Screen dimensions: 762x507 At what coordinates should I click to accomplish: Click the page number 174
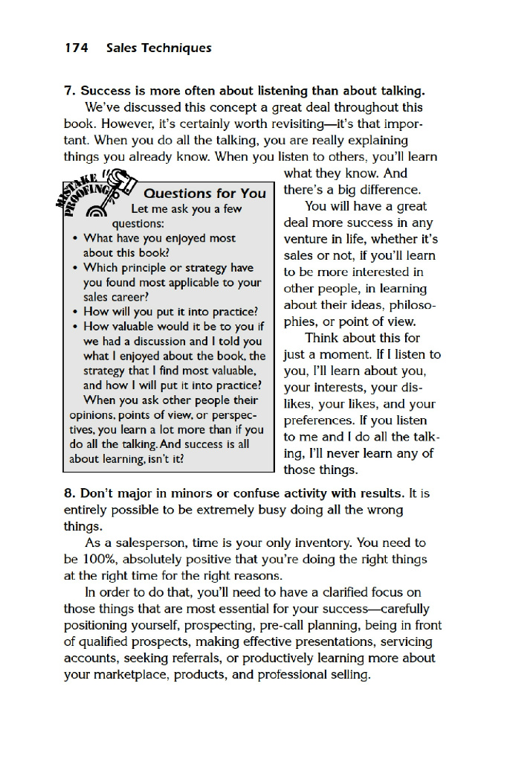coord(76,48)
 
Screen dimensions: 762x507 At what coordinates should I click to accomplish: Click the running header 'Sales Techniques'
coord(158,48)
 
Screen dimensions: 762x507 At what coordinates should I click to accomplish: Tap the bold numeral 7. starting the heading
coord(70,92)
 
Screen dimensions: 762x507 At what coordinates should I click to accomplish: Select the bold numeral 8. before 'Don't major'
coord(70,494)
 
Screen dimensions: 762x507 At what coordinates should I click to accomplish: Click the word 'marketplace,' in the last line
coord(133,675)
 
